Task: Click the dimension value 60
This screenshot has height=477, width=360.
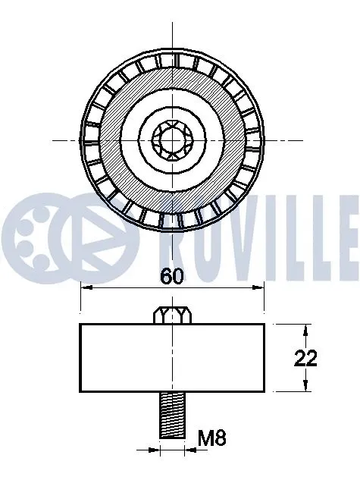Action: click(x=172, y=277)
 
